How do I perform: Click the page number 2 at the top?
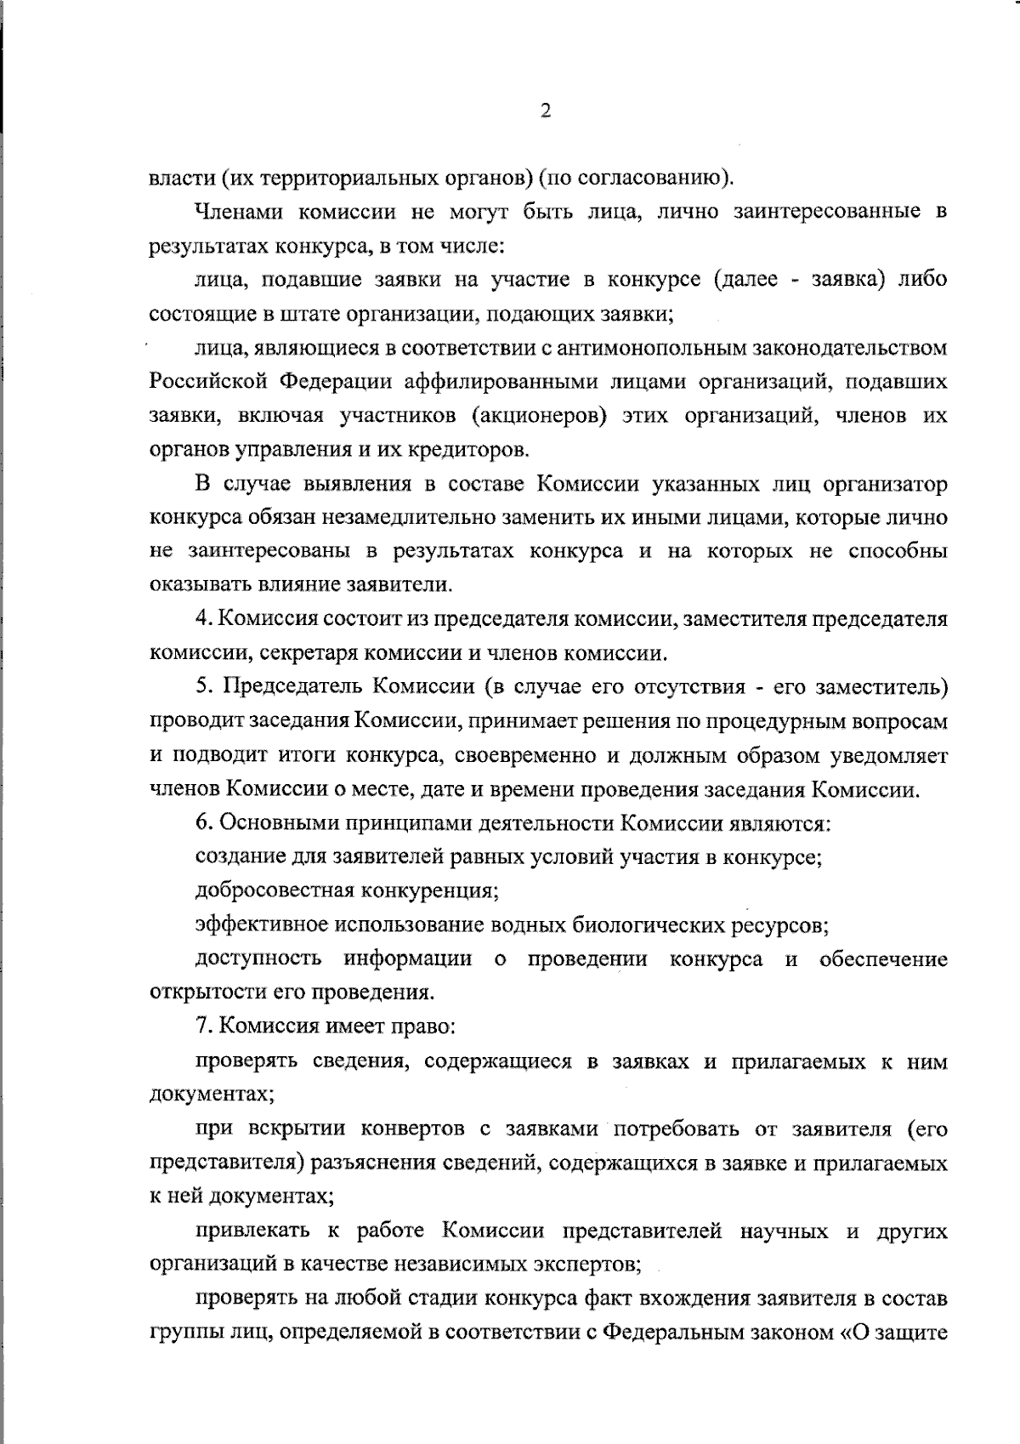pyautogui.click(x=546, y=111)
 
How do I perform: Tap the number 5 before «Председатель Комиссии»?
pyautogui.click(x=201, y=687)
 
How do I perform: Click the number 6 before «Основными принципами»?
pyautogui.click(x=201, y=823)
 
